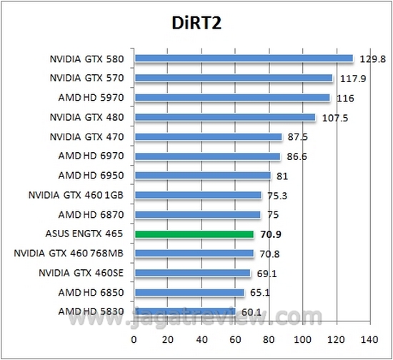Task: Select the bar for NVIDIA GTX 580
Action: point(244,59)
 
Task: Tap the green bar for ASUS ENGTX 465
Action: point(194,234)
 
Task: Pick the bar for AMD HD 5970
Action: point(232,97)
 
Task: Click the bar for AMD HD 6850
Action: point(189,292)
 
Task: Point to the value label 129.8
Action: point(371,59)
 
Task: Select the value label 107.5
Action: point(334,118)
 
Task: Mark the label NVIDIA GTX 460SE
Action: point(84,272)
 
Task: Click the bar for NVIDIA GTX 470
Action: point(208,136)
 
